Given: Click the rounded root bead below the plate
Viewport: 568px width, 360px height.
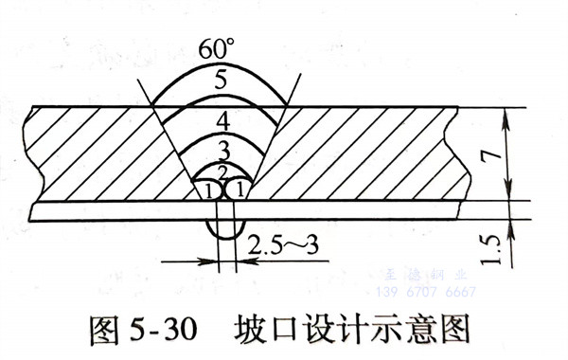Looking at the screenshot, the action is (225, 232).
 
